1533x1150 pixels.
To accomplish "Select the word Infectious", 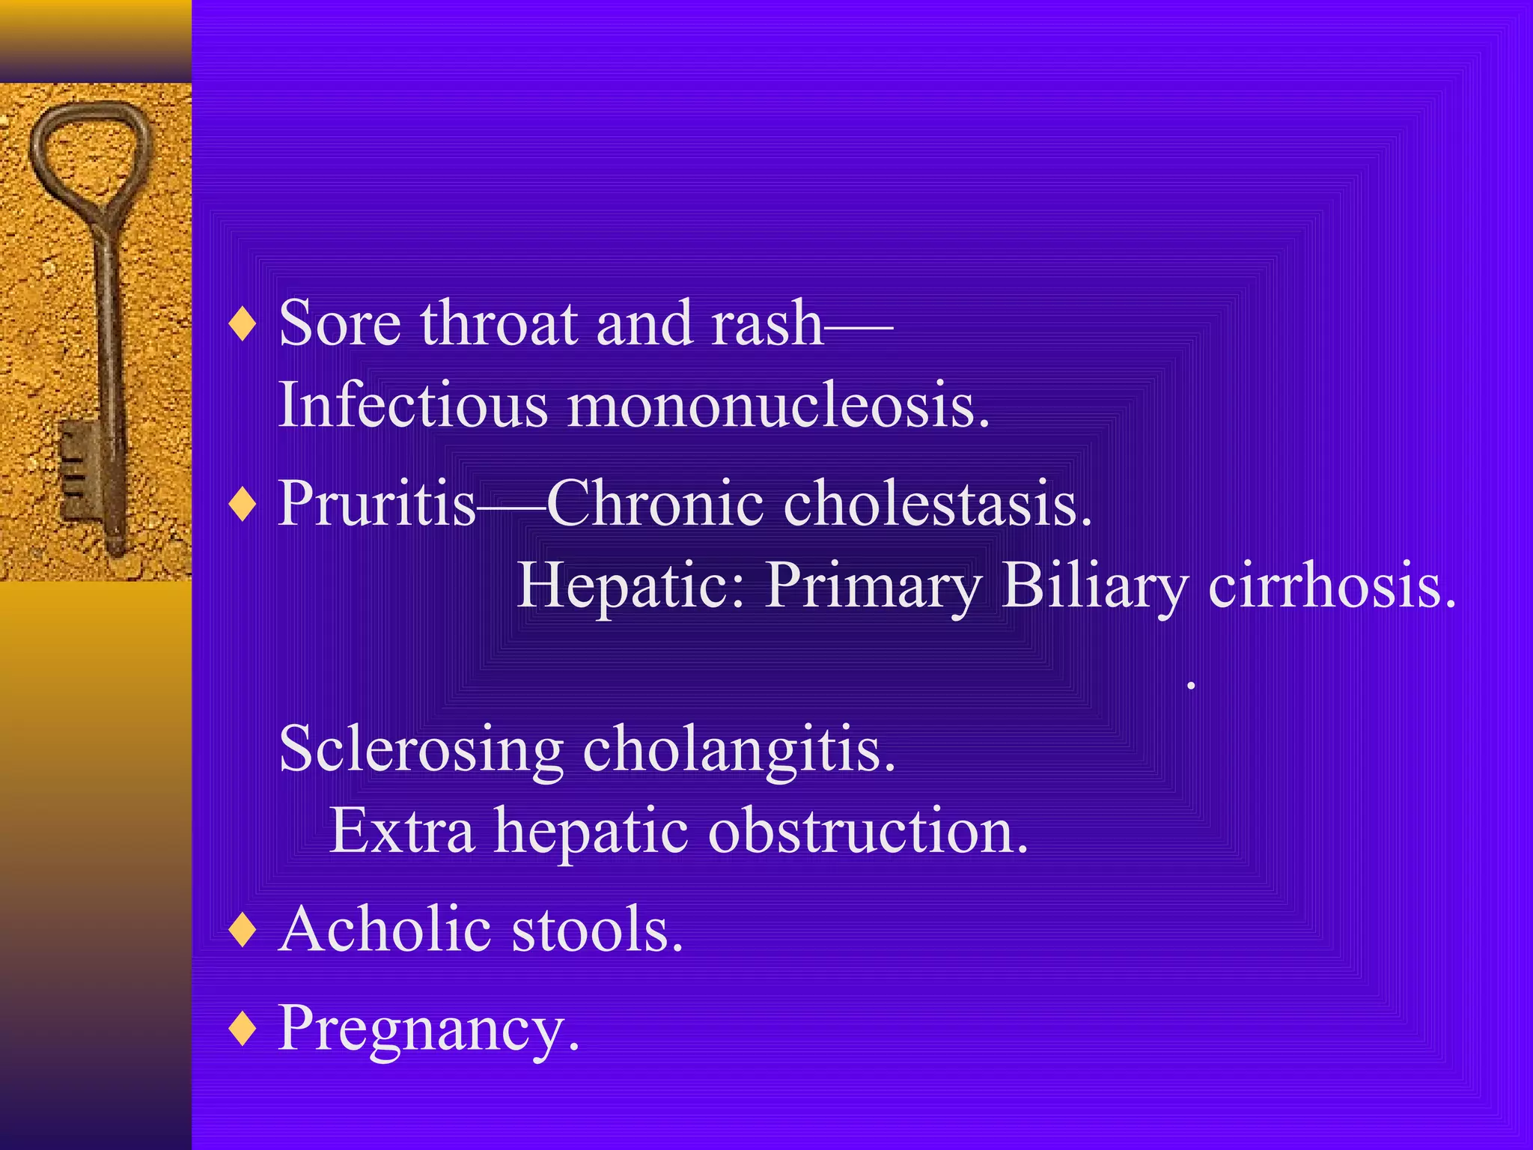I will [414, 404].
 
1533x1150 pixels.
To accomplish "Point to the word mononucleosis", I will [778, 404].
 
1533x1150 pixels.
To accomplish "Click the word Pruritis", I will [377, 502].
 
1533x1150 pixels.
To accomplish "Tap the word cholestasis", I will [937, 502].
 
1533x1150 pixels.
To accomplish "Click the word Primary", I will [873, 585].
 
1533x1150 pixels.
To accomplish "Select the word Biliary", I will [1094, 585].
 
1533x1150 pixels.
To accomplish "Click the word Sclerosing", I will [421, 749].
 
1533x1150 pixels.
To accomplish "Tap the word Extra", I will [402, 831].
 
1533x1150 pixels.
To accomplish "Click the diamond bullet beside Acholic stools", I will [243, 930].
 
